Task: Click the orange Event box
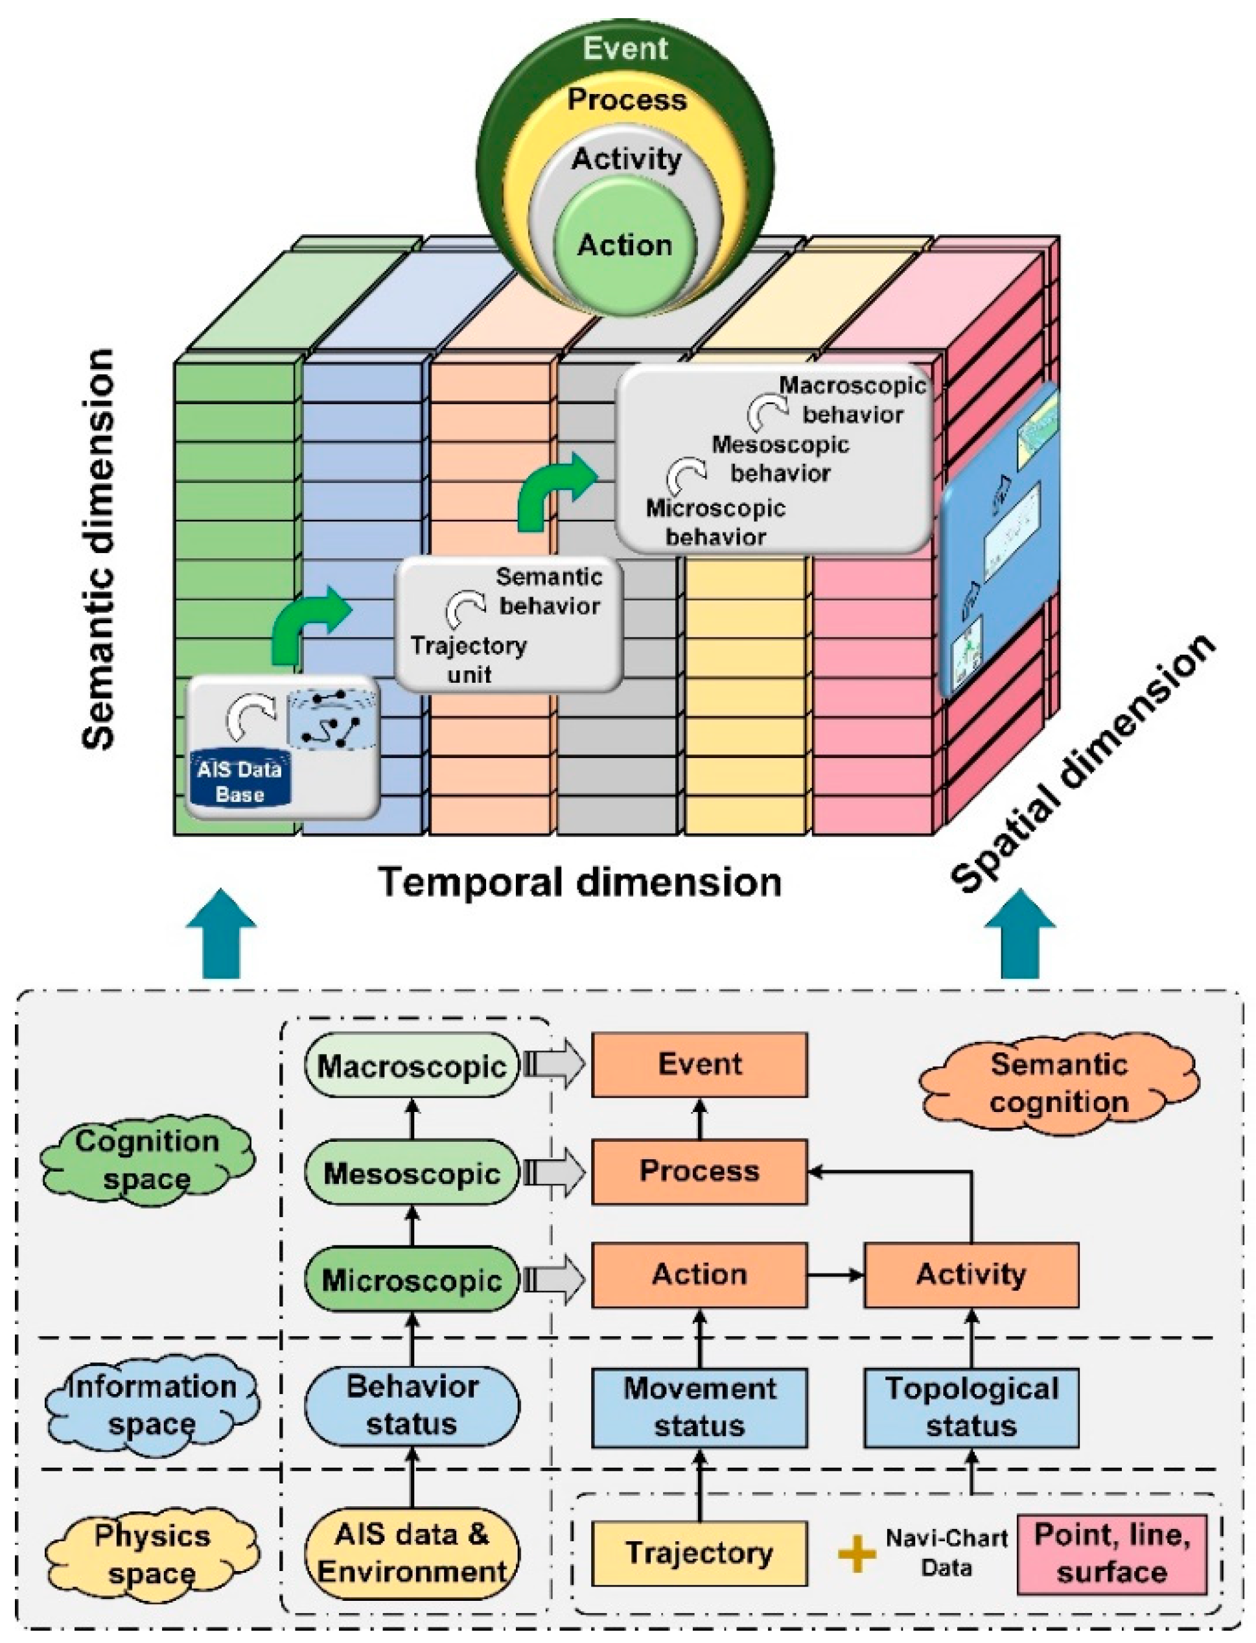699,1065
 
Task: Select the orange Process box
699,1171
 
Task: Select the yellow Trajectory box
699,1554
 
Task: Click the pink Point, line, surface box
1111,1554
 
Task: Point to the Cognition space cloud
146,1160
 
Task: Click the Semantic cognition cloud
1058,1083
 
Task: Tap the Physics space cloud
152,1554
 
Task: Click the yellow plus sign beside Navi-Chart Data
857,1554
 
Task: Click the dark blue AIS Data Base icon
239,781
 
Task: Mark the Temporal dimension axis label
580,882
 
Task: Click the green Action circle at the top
625,245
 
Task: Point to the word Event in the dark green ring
625,49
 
